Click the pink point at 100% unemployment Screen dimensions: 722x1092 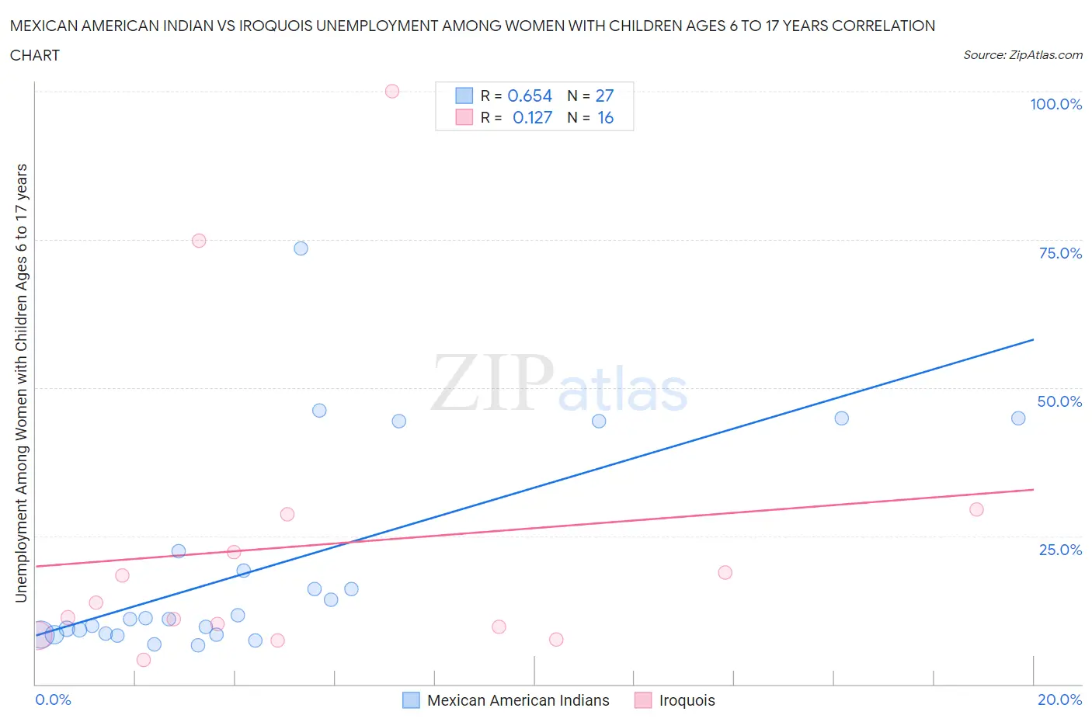[392, 92]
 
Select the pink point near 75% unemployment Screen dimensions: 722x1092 [199, 241]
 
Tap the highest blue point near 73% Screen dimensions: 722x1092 [301, 248]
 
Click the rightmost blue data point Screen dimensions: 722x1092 [1018, 418]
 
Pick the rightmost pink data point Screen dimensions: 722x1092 [977, 509]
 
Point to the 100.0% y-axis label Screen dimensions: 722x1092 [1055, 104]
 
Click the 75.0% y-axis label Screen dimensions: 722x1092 [1060, 253]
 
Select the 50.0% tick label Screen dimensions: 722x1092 [1059, 401]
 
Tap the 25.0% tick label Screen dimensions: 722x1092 [1060, 550]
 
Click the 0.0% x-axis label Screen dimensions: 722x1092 [53, 699]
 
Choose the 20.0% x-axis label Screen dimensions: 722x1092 [1059, 699]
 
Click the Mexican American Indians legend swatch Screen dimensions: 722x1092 [411, 700]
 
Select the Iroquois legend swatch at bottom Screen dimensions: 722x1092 [643, 700]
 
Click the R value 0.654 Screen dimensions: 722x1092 [530, 95]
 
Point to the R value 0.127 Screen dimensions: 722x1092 [532, 117]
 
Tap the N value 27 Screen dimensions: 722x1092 [604, 95]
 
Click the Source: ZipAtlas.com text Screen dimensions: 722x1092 [1022, 55]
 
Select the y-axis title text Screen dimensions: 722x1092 [21, 384]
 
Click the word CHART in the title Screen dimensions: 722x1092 [35, 55]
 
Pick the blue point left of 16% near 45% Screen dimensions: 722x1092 [841, 418]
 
